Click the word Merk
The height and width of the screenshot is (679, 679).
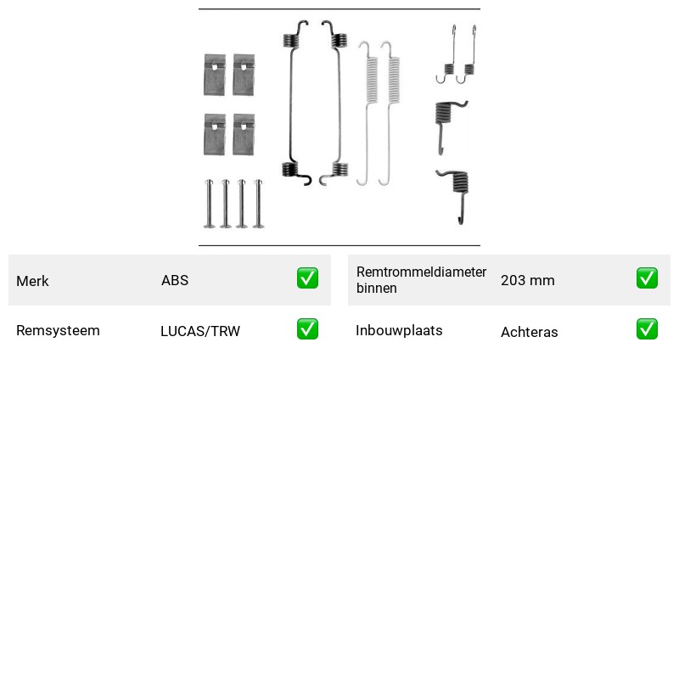tap(32, 281)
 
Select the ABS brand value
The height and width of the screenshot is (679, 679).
tap(175, 280)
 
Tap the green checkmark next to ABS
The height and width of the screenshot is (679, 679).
tap(307, 278)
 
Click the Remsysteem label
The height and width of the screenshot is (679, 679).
tap(58, 330)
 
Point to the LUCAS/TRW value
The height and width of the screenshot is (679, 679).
tap(200, 331)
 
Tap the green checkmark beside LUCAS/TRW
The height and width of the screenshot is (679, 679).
tap(307, 329)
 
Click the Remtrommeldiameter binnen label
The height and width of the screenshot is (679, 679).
tap(421, 280)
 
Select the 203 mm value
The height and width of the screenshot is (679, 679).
tap(527, 280)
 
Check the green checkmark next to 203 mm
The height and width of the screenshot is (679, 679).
tap(647, 278)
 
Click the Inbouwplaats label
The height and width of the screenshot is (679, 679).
tap(399, 330)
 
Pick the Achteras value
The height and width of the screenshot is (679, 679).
tap(529, 332)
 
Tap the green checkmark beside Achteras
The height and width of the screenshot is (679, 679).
tap(647, 329)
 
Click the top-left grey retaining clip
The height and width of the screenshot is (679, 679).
tap(215, 75)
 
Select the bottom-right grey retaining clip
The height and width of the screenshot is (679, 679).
tap(244, 135)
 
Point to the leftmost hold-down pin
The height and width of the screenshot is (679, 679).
tap(209, 204)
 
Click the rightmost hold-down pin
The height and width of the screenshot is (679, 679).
tap(259, 204)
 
